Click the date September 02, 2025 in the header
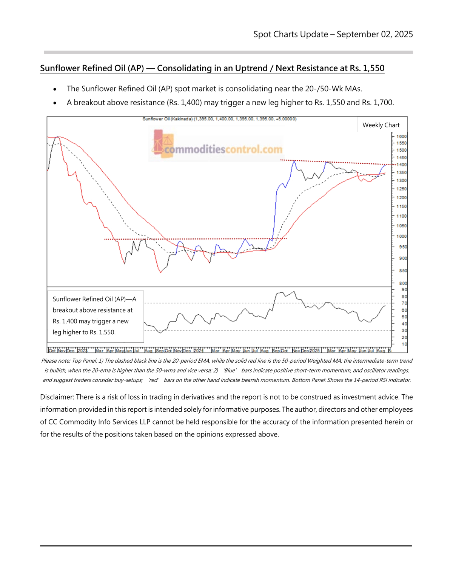pyautogui.click(x=374, y=34)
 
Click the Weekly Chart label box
pyautogui.click(x=381, y=125)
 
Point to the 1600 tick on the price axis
pyautogui.click(x=401, y=137)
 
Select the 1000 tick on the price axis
pyautogui.click(x=401, y=236)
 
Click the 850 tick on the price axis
pyautogui.click(x=403, y=271)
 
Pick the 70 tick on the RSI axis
pyautogui.click(x=404, y=303)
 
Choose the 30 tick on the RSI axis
pyautogui.click(x=404, y=331)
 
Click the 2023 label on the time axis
pyautogui.click(x=82, y=351)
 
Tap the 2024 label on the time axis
pyautogui.click(x=199, y=351)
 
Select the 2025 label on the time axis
pyautogui.click(x=315, y=351)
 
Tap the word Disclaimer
pyautogui.click(x=57, y=397)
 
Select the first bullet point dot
pyautogui.click(x=55, y=89)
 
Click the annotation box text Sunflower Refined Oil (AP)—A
pyautogui.click(x=94, y=299)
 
